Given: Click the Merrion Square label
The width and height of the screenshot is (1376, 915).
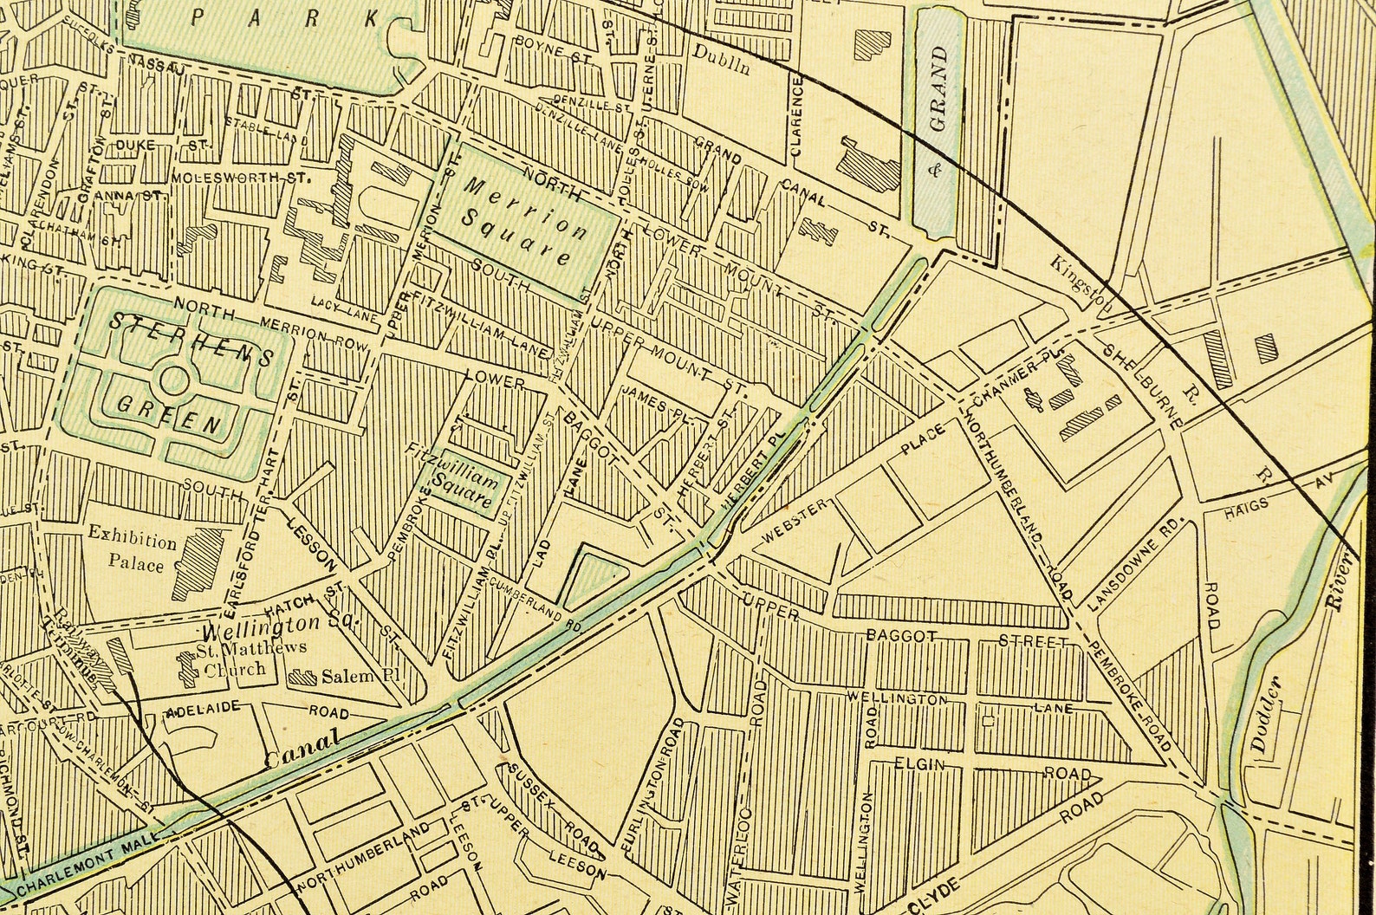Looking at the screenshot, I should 516,222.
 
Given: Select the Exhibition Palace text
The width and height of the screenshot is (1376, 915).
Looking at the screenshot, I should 132,553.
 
